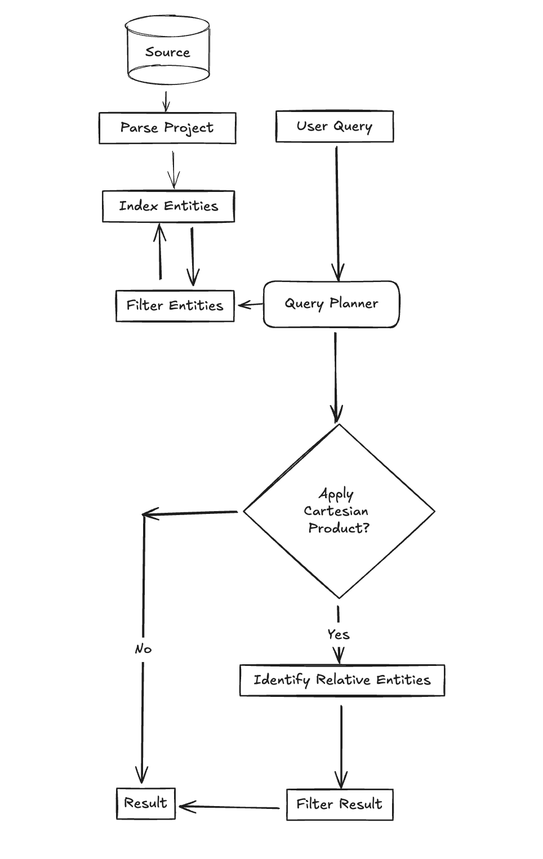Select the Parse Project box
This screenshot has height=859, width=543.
tap(167, 128)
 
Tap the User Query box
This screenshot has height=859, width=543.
tap(335, 126)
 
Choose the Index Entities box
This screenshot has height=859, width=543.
tap(168, 206)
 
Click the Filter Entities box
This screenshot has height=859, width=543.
tap(175, 306)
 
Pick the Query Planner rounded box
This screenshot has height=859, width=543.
tap(331, 304)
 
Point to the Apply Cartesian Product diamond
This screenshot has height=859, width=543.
tap(339, 511)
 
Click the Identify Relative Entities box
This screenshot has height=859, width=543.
tap(342, 680)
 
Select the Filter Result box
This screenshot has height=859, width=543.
tap(340, 804)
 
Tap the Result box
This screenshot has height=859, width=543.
tap(146, 803)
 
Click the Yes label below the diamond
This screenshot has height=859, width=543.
tap(339, 634)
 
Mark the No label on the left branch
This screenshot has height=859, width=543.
tap(143, 649)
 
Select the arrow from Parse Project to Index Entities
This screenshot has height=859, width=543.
tap(173, 169)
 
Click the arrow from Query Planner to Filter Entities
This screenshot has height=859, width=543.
tap(250, 305)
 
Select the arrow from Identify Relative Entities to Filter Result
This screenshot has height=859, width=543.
tap(341, 746)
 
